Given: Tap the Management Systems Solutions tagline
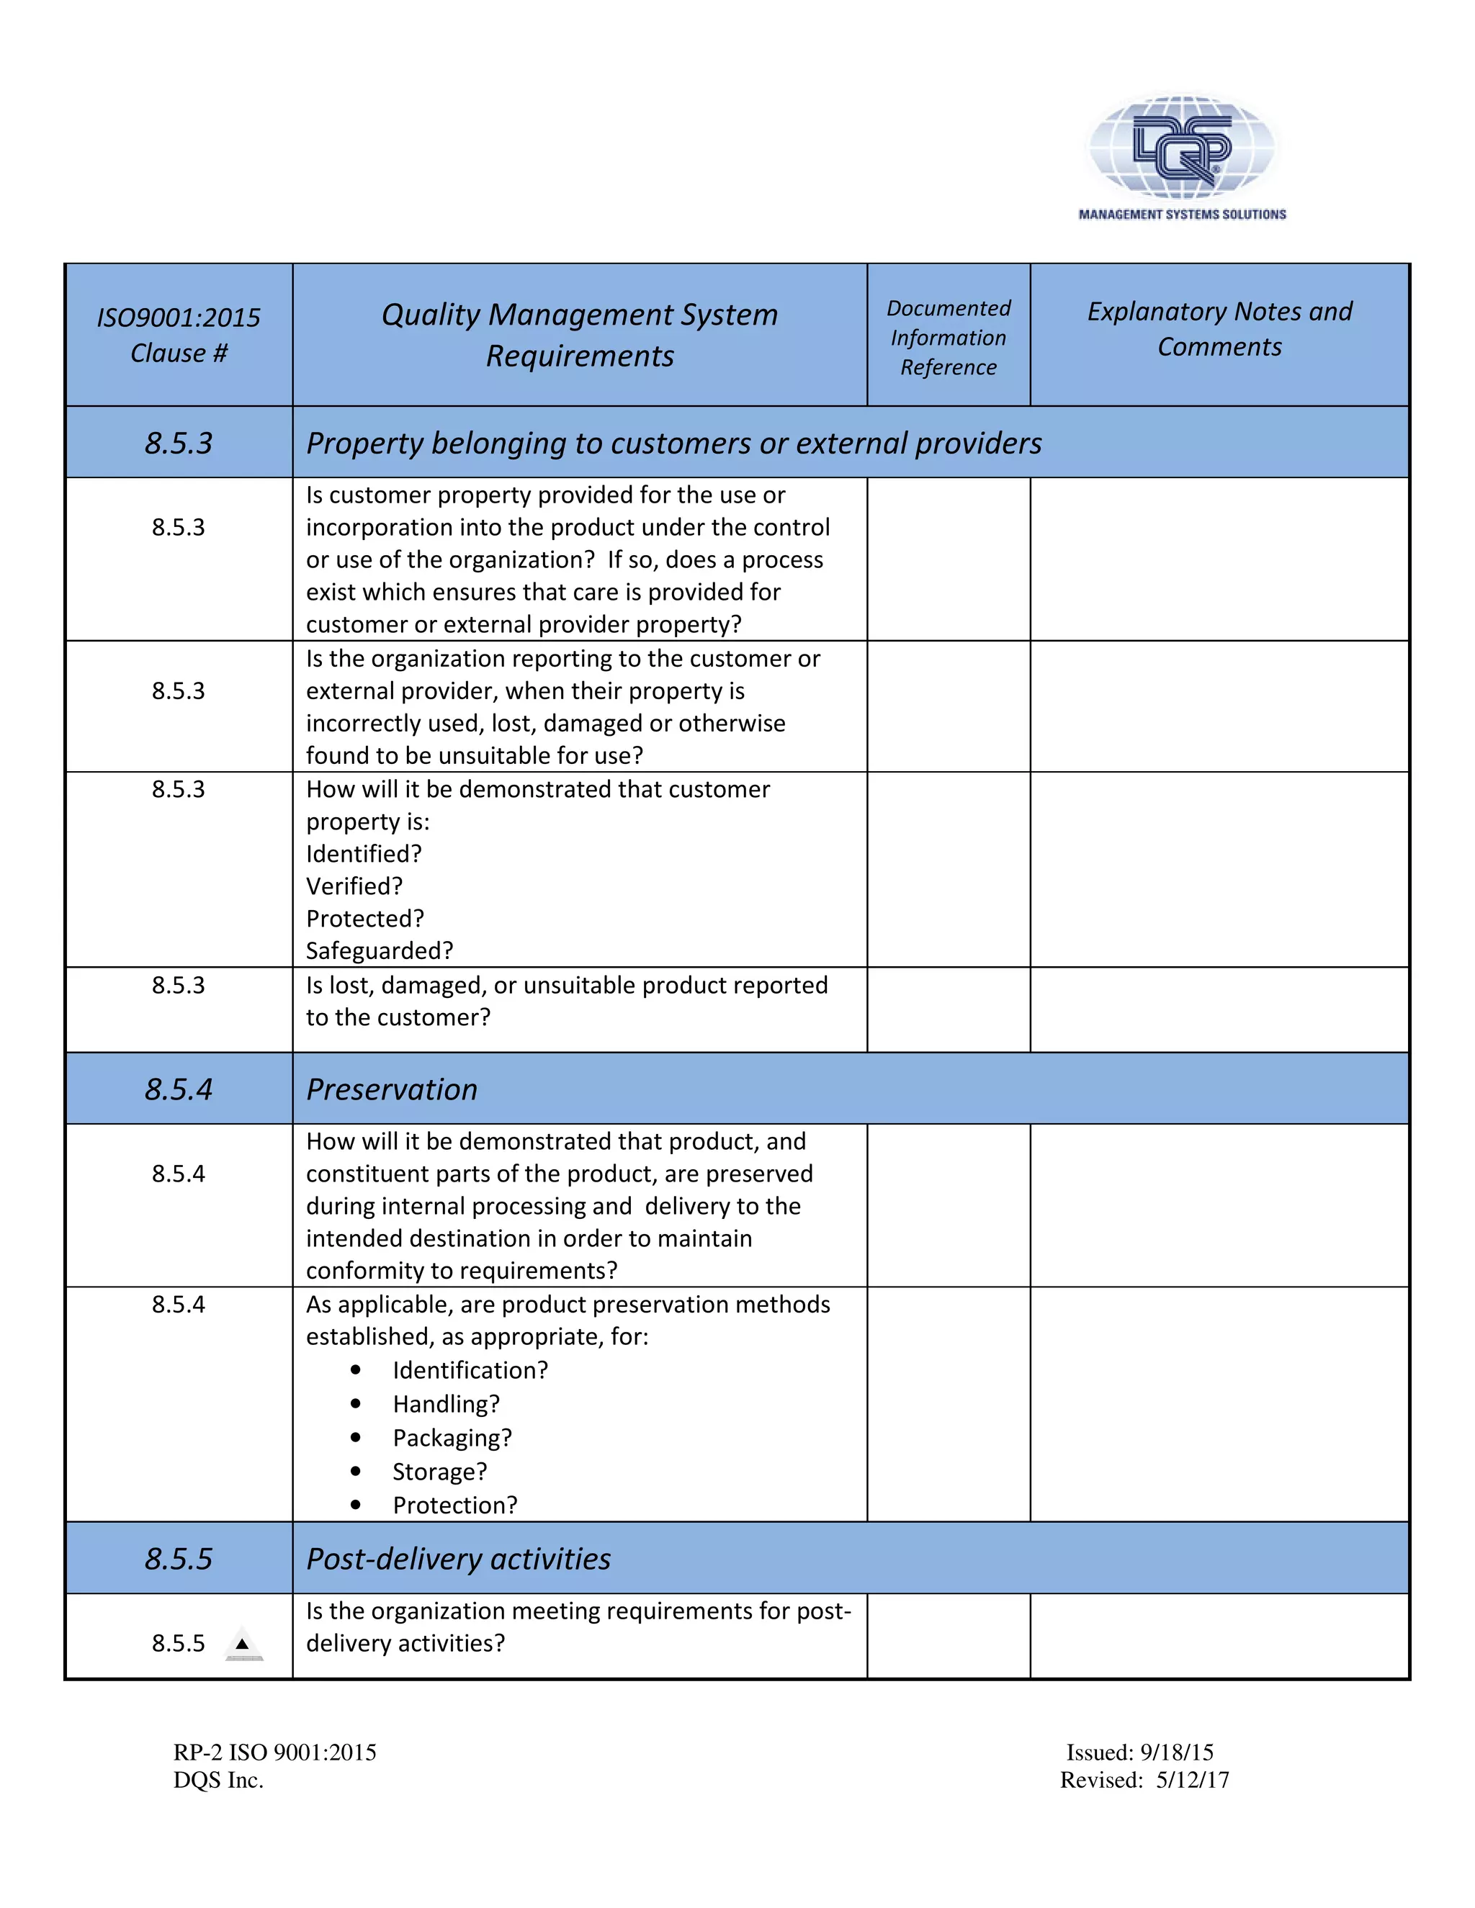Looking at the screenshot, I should (x=1181, y=214).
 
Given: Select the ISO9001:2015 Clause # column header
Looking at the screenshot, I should (x=179, y=335).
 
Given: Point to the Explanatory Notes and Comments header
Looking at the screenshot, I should (x=1219, y=328).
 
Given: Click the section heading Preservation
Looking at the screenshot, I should (x=392, y=1089).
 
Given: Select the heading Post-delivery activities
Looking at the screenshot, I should (x=458, y=1559).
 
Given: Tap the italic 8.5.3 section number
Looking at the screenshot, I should (x=179, y=443).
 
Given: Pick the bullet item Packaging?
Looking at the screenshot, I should (x=452, y=1437).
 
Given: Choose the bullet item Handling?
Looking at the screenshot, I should (x=446, y=1404).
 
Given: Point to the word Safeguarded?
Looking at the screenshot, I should (x=380, y=950).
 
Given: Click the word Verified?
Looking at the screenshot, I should (x=354, y=886).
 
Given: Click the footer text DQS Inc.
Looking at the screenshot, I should (x=218, y=1781).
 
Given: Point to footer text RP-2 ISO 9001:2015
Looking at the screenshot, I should (x=274, y=1752).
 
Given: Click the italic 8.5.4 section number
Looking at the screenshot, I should (x=179, y=1089).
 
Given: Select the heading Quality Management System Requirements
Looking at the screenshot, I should (x=579, y=335).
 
